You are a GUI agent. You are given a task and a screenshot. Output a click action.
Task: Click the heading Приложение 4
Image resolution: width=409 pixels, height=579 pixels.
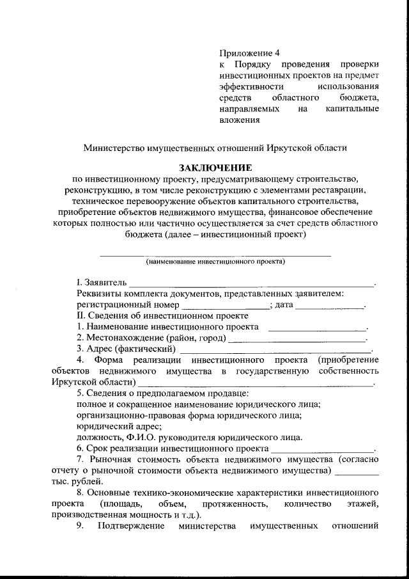click(249, 52)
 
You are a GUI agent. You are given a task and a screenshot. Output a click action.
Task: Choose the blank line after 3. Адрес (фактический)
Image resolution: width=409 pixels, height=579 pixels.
click(275, 349)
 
